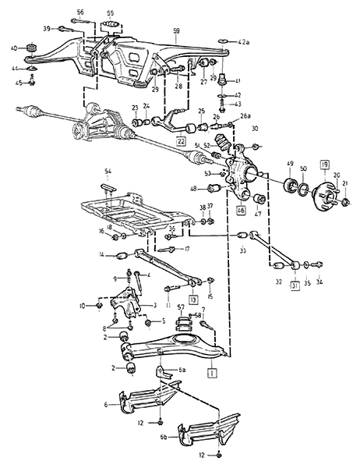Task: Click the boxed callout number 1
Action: (212, 374)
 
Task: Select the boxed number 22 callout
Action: (180, 141)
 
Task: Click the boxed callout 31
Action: (295, 285)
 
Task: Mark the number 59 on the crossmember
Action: (176, 30)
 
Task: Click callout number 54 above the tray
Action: (108, 170)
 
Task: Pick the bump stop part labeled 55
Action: (111, 28)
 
